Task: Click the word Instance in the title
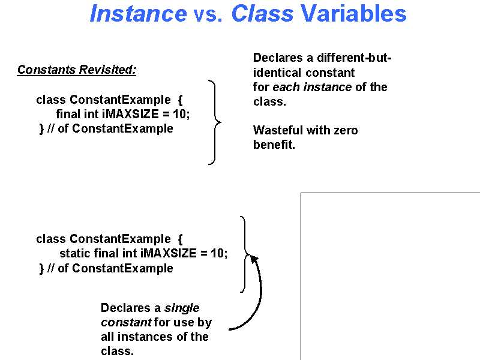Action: (x=139, y=13)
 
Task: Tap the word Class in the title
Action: (x=262, y=13)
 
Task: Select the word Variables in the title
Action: (x=353, y=13)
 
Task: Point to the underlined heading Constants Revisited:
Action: (x=77, y=70)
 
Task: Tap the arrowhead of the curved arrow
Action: (x=254, y=259)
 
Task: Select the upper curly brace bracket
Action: (x=215, y=122)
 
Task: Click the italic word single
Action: (x=182, y=308)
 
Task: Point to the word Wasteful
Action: (x=278, y=130)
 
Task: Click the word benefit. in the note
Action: (x=274, y=145)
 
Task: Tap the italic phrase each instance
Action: (x=312, y=87)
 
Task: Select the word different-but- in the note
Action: (x=354, y=58)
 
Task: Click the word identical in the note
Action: (x=277, y=73)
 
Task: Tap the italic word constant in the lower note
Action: (x=126, y=322)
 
